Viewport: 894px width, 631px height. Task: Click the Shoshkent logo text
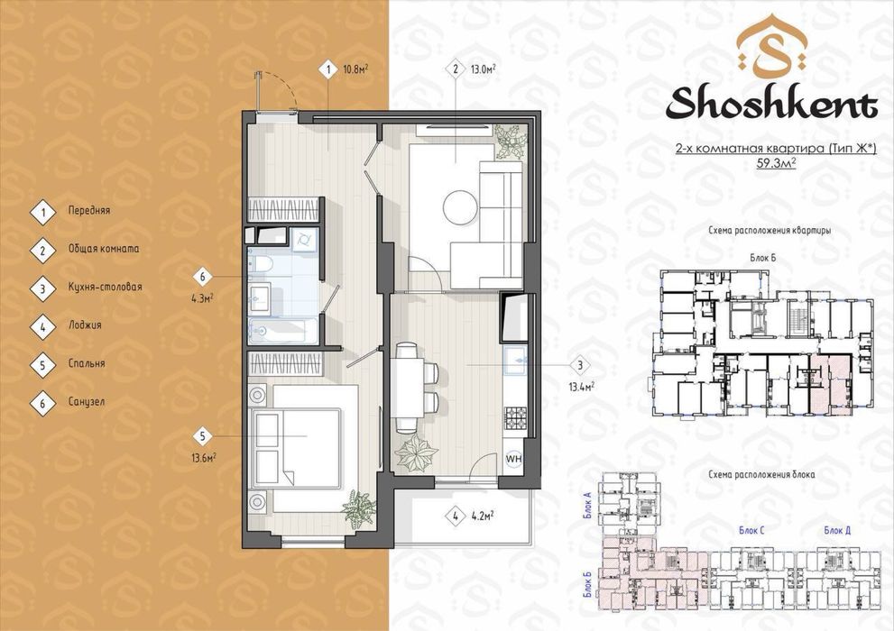tap(771, 104)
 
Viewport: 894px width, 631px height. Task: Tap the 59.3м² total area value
tap(776, 165)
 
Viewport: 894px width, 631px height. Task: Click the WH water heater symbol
tap(514, 458)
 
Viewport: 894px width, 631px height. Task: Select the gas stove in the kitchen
tap(516, 417)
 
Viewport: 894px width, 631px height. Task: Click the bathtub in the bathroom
tap(282, 330)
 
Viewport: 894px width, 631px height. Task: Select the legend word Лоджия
tap(85, 325)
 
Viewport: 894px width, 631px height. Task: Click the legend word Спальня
tap(87, 363)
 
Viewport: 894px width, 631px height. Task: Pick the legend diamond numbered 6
tap(42, 403)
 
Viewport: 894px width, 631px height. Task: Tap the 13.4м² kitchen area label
tap(581, 387)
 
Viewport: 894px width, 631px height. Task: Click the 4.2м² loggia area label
tap(483, 516)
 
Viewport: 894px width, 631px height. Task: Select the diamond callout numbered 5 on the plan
tap(202, 437)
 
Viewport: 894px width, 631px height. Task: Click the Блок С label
tap(751, 530)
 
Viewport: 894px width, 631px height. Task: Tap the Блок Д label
tap(837, 530)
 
